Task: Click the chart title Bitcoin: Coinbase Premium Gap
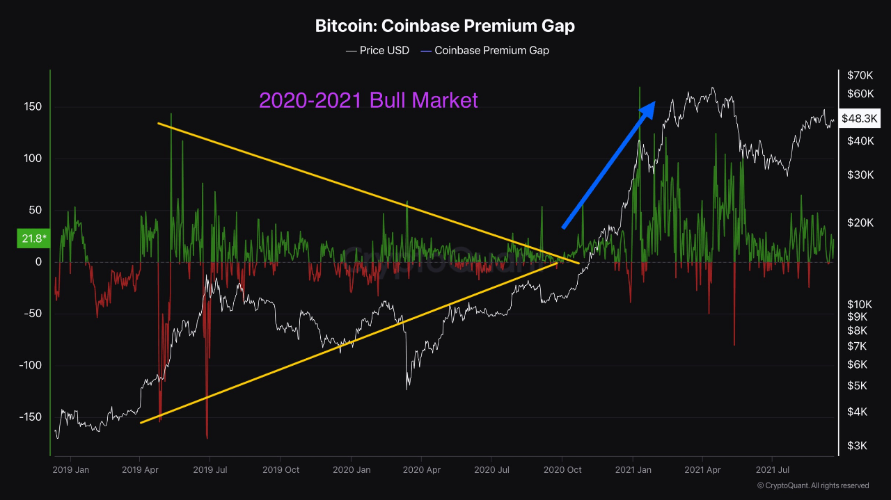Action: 445,26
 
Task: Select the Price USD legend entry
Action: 377,51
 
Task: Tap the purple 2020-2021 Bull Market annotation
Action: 368,100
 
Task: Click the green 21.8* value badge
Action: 32,239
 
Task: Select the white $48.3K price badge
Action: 860,119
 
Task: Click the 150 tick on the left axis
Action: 33,107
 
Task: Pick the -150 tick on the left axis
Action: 31,417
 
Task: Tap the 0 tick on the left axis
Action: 39,262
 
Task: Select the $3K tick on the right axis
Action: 857,446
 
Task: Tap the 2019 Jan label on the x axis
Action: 70,470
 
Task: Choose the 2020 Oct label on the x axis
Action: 562,470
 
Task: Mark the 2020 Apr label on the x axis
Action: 421,470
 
